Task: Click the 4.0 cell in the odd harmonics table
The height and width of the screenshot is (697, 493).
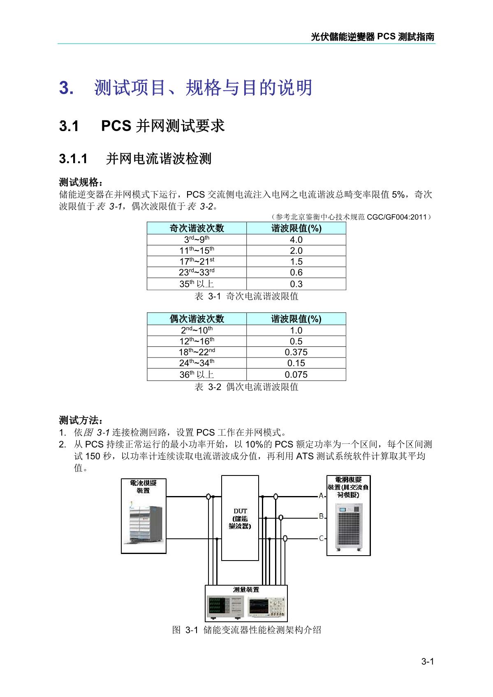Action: (x=296, y=240)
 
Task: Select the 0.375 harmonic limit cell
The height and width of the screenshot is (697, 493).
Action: (x=296, y=352)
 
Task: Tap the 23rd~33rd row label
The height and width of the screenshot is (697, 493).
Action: (x=197, y=272)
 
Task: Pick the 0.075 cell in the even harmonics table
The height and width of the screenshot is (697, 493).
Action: (x=296, y=375)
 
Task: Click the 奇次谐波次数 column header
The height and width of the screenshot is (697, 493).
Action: (x=197, y=228)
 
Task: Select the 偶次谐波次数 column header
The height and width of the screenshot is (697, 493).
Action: (x=197, y=319)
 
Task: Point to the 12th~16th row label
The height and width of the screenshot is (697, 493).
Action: (x=197, y=341)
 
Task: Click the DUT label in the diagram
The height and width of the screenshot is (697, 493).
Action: (x=240, y=511)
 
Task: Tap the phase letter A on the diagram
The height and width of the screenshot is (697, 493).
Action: (x=321, y=496)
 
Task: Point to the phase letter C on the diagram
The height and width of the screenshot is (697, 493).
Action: (x=322, y=538)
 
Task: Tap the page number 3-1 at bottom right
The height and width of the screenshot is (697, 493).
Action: (x=428, y=662)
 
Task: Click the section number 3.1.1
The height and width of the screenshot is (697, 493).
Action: (x=73, y=159)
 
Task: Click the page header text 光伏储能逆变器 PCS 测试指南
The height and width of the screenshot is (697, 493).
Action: (x=373, y=37)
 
